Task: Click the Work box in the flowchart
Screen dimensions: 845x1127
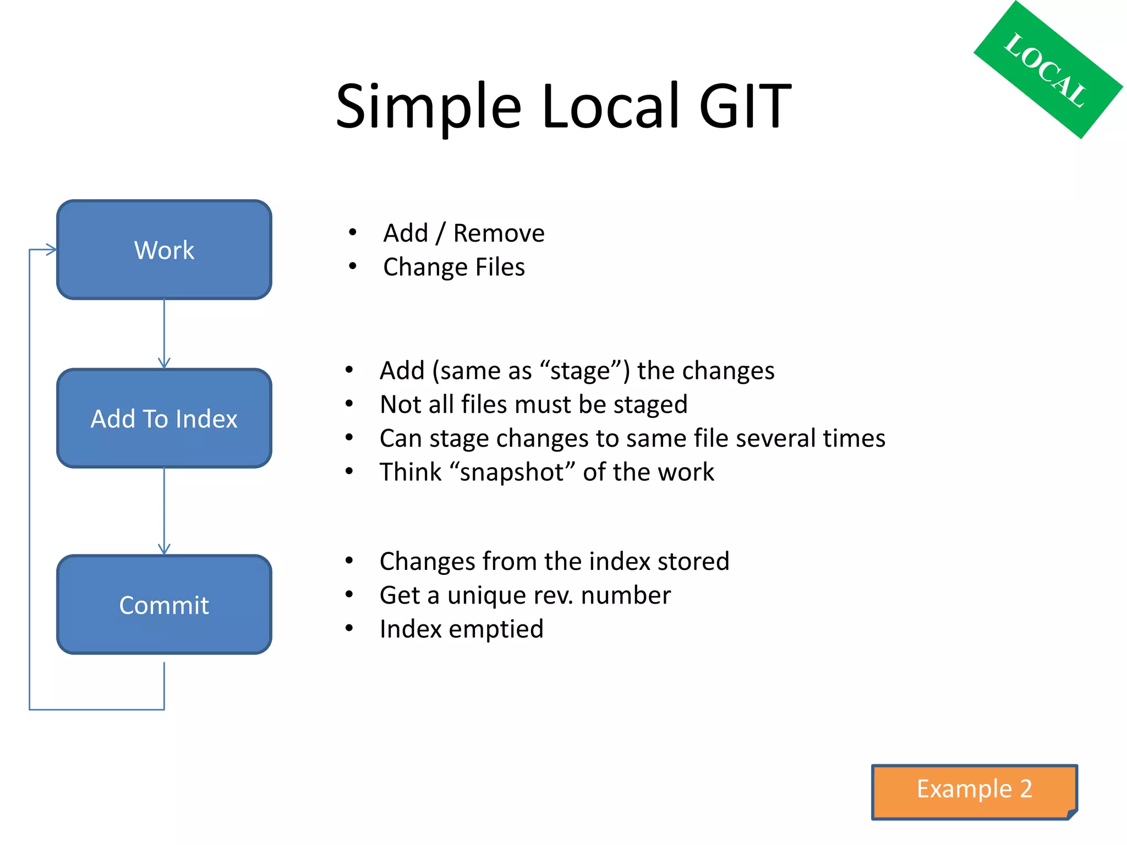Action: click(x=164, y=250)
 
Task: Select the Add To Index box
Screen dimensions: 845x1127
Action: click(x=164, y=419)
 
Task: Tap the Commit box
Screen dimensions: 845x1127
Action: click(x=164, y=605)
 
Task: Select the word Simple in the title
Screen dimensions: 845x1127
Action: click(x=428, y=106)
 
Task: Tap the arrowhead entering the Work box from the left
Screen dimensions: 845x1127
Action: click(x=50, y=250)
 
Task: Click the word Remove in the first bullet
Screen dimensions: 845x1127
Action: click(x=499, y=233)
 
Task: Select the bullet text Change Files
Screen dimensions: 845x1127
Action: click(x=453, y=267)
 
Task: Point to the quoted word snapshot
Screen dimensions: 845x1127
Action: click(x=512, y=472)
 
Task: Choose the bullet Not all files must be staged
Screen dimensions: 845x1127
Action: click(x=533, y=405)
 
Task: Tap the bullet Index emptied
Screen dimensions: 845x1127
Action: click(x=461, y=629)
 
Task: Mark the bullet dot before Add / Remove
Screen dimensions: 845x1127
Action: click(x=352, y=233)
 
